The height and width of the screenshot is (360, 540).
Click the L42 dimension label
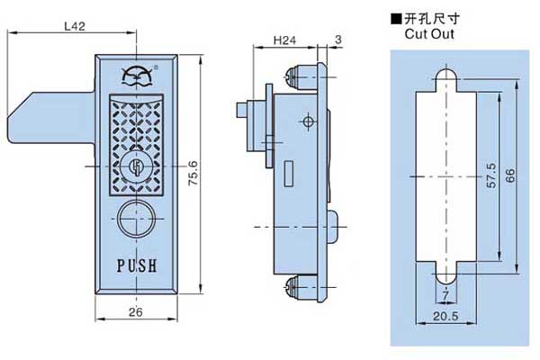(76, 27)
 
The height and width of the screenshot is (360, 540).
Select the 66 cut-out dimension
(511, 175)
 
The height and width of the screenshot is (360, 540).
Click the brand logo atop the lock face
(138, 75)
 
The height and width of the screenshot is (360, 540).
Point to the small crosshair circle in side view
(308, 121)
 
